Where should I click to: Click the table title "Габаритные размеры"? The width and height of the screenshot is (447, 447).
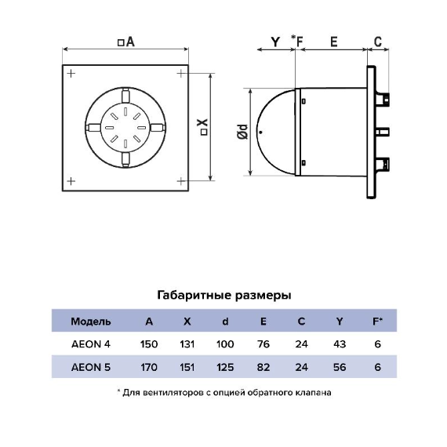pyautogui.click(x=223, y=296)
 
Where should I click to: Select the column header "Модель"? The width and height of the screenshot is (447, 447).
pyautogui.click(x=91, y=322)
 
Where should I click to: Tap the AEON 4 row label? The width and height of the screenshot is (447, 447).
pyautogui.click(x=91, y=344)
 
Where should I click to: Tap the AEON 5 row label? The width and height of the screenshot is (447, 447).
pyautogui.click(x=91, y=367)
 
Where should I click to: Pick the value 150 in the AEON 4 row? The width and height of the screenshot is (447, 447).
pyautogui.click(x=149, y=344)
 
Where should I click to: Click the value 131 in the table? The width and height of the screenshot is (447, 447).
pyautogui.click(x=187, y=344)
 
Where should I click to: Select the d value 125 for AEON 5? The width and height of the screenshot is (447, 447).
pyautogui.click(x=224, y=367)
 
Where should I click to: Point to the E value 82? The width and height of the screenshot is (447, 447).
pyautogui.click(x=263, y=367)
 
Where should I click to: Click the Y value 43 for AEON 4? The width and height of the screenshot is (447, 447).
pyautogui.click(x=339, y=344)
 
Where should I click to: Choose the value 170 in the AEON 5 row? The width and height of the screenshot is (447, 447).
pyautogui.click(x=149, y=367)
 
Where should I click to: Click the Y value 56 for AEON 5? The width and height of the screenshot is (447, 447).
pyautogui.click(x=339, y=367)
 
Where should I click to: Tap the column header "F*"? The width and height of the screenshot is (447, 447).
pyautogui.click(x=377, y=322)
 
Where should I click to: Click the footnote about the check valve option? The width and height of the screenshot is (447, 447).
pyautogui.click(x=223, y=391)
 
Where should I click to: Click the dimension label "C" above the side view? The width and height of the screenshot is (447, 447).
pyautogui.click(x=377, y=42)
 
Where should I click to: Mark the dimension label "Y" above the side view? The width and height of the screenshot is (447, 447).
pyautogui.click(x=274, y=42)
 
